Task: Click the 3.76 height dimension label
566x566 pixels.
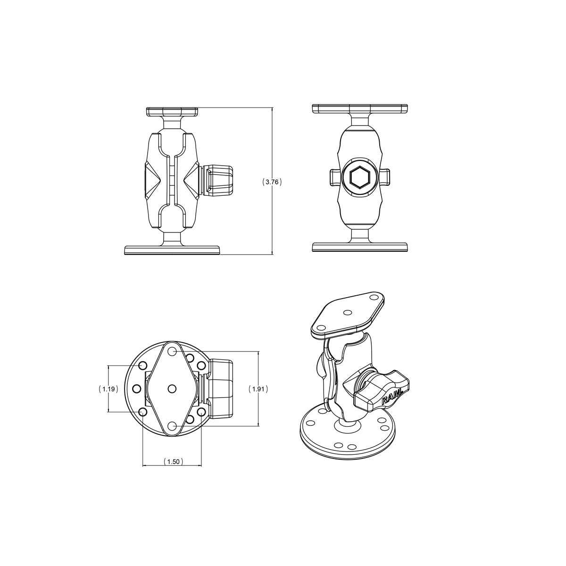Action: point(272,182)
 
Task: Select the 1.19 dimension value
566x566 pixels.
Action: point(108,389)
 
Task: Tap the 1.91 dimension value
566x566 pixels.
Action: point(258,389)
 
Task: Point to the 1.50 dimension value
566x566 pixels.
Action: point(173,461)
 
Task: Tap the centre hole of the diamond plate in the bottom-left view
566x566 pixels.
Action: point(172,389)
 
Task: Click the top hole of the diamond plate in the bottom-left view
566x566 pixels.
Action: point(173,351)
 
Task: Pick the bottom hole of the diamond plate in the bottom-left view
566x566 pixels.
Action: point(173,426)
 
